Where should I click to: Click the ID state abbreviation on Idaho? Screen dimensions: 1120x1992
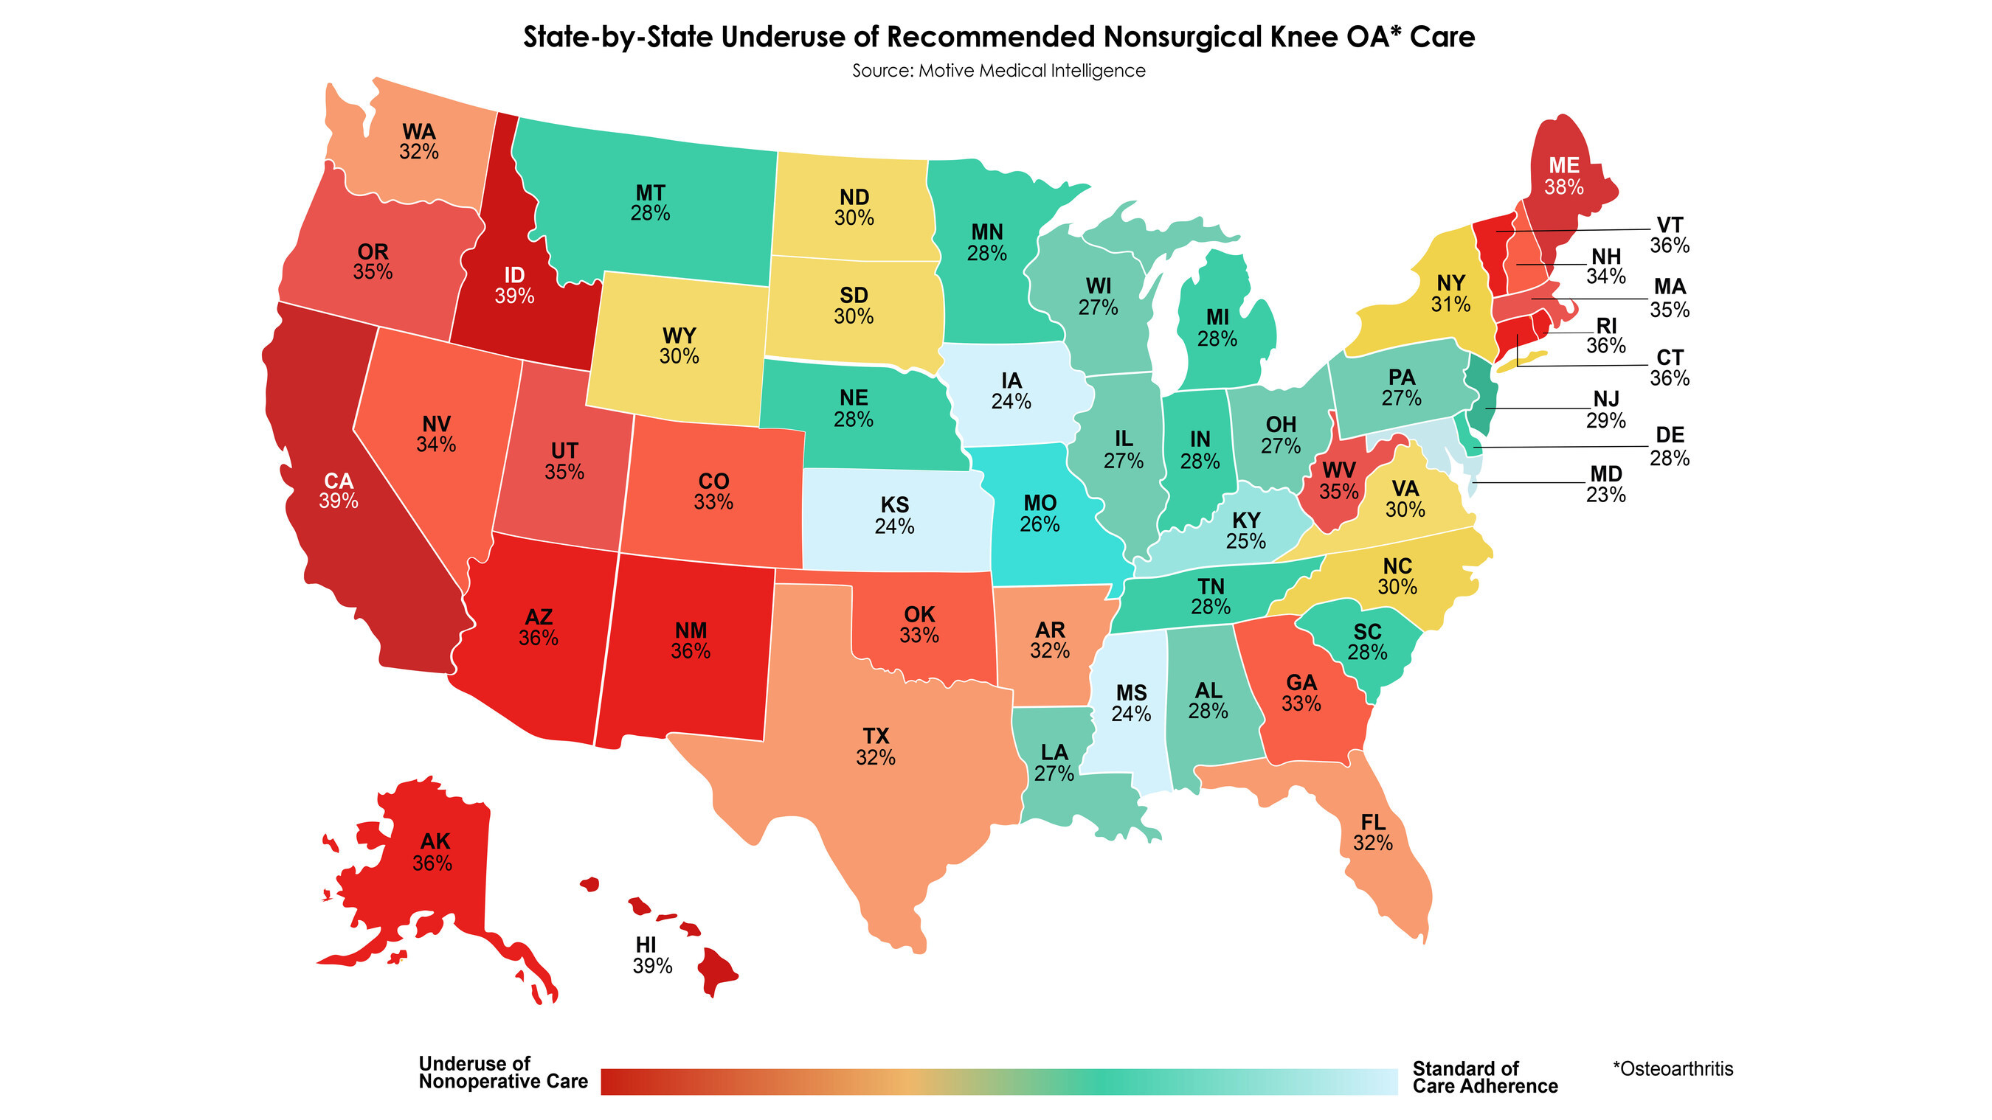pos(514,275)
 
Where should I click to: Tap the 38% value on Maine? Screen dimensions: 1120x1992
pos(1563,187)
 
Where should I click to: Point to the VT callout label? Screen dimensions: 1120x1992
pos(1670,225)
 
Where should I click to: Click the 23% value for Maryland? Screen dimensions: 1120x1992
pos(1605,495)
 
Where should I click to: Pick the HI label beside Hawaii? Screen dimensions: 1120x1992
pos(646,945)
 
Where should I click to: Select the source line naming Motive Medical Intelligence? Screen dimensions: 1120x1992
pos(998,70)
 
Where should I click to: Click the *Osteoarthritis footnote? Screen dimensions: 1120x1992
pos(1673,1068)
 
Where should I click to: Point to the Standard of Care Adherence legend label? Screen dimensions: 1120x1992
pos(1484,1077)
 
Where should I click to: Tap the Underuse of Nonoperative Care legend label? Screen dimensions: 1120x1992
pos(502,1072)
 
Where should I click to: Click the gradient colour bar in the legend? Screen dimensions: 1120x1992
pos(998,1082)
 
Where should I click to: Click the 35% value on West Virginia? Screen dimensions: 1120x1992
pos(1338,492)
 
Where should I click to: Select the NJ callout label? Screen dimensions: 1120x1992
pos(1605,399)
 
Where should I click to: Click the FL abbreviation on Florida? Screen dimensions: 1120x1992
pos(1372,821)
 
